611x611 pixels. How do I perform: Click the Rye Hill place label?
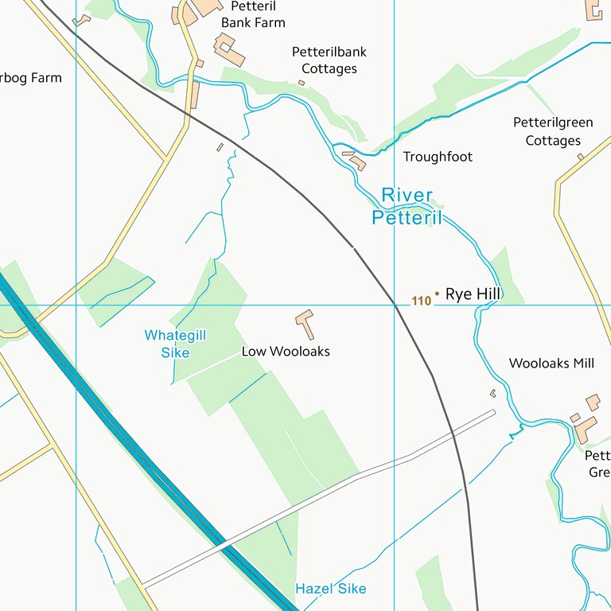coord(473,294)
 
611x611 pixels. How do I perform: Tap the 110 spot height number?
coord(422,301)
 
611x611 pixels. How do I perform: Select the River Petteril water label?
coord(407,206)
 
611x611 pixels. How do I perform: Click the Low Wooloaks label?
coord(286,351)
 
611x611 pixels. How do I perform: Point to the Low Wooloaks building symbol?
coord(305,322)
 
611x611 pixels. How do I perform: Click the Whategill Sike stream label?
coord(175,344)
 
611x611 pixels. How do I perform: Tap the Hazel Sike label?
coord(331,589)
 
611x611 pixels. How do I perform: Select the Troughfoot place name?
coord(438,157)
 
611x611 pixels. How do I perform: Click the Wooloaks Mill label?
coord(551,363)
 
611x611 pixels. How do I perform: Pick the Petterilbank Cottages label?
coord(329,60)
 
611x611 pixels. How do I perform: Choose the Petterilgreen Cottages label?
coord(553,131)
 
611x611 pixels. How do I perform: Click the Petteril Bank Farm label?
coord(253,14)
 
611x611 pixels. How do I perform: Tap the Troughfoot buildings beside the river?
coord(356,162)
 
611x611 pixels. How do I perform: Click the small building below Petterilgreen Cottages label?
coord(581,157)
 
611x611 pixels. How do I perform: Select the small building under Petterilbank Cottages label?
coord(302,83)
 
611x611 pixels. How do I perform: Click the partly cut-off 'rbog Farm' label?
coord(30,78)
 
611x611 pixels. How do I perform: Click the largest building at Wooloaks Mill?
coord(586,430)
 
